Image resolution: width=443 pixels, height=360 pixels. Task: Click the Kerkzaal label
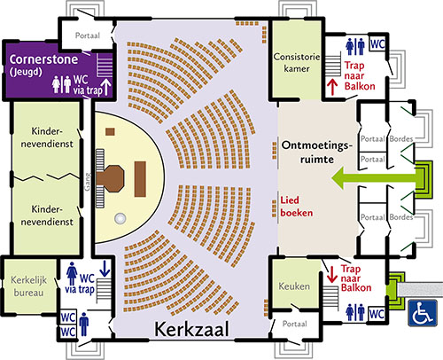click(x=191, y=329)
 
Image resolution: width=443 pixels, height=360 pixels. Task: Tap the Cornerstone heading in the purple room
click(x=43, y=59)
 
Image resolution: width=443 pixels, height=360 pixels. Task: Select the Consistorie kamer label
click(x=297, y=62)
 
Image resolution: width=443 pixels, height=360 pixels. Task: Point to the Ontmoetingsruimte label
click(x=317, y=153)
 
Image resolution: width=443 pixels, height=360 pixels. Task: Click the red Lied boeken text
click(x=296, y=207)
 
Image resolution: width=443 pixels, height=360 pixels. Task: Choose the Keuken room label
click(x=294, y=286)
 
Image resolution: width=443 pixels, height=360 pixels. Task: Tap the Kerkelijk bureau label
click(x=28, y=286)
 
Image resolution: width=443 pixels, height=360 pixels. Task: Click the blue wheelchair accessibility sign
click(x=423, y=313)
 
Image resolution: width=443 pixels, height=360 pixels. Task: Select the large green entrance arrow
click(x=374, y=178)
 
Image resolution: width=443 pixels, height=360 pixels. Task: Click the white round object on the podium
click(x=120, y=218)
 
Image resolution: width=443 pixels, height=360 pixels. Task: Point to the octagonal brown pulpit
click(x=110, y=178)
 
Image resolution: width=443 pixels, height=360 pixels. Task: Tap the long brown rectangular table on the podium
click(x=140, y=179)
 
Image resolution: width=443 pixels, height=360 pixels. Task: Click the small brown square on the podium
click(x=110, y=131)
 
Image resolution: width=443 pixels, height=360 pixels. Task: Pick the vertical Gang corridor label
click(x=88, y=182)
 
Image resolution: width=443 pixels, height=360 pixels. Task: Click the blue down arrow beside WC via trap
click(x=105, y=269)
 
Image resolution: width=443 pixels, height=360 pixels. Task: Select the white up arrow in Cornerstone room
click(x=106, y=87)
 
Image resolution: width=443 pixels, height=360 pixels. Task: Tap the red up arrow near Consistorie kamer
click(x=332, y=87)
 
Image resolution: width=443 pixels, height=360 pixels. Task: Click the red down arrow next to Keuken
click(x=332, y=275)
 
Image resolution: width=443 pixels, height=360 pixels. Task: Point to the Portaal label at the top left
click(x=88, y=35)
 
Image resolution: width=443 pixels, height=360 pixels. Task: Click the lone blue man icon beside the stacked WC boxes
click(x=84, y=325)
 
